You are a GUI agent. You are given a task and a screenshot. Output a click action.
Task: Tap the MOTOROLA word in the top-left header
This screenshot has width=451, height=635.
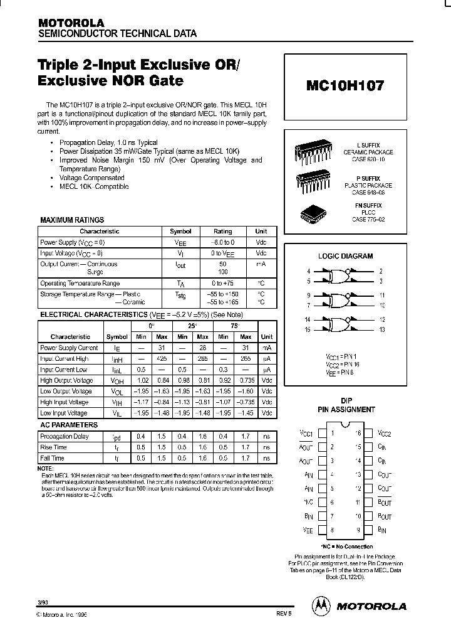[x=71, y=23]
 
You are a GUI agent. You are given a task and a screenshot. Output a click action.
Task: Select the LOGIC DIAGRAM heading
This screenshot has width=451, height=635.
[x=345, y=256]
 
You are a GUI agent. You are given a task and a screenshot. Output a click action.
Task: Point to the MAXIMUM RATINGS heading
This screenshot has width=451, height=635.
[x=72, y=220]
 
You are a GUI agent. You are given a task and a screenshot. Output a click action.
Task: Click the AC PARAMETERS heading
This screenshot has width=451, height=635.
[x=69, y=425]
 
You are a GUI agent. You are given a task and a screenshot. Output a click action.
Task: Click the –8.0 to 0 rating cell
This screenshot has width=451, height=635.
[x=222, y=242]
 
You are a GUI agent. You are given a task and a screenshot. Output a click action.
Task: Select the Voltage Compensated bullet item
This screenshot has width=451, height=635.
[x=91, y=178]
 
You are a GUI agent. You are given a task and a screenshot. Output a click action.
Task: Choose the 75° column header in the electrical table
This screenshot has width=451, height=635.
[x=234, y=326]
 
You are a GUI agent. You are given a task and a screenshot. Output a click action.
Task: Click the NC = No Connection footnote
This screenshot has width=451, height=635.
[x=346, y=547]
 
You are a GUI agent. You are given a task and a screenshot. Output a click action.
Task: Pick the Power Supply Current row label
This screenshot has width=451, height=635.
[x=69, y=348]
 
